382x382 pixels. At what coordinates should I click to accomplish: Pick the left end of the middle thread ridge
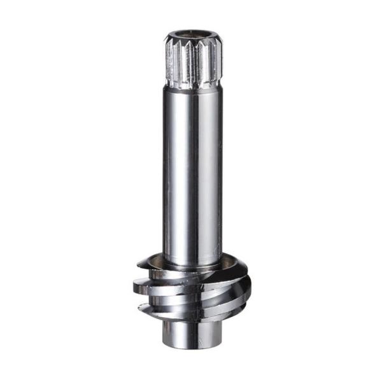pos(136,288)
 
